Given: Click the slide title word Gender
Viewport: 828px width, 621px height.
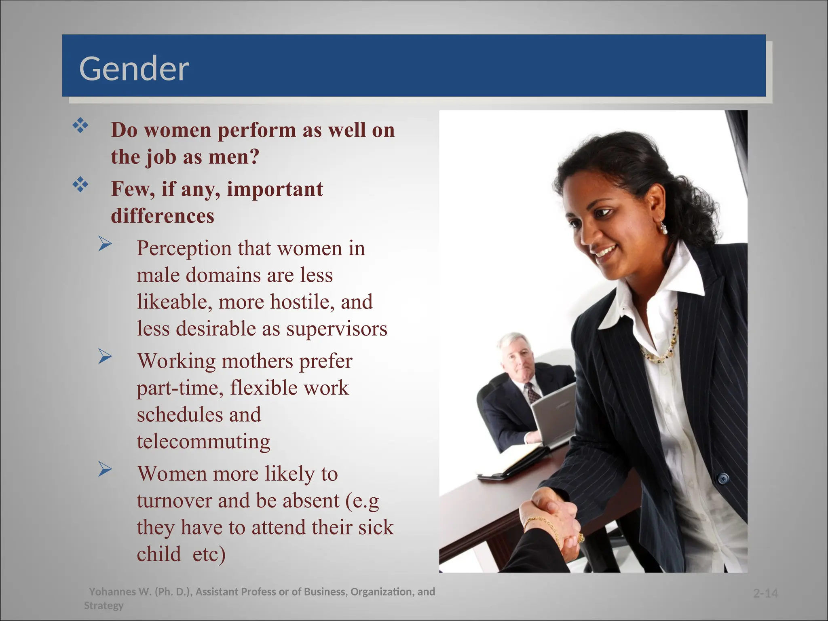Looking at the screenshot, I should (134, 69).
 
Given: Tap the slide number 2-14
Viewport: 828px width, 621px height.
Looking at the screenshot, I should (765, 594).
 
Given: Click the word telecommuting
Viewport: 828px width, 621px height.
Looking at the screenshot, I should (203, 441).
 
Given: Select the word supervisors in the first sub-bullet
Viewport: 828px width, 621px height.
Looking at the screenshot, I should (337, 329).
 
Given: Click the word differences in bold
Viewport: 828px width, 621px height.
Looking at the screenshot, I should (163, 216).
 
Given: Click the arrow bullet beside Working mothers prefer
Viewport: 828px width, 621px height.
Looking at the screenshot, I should (105, 357).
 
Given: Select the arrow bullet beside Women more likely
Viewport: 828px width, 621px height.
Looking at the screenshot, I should (105, 469).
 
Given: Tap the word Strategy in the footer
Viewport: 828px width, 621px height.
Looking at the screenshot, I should (103, 606).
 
